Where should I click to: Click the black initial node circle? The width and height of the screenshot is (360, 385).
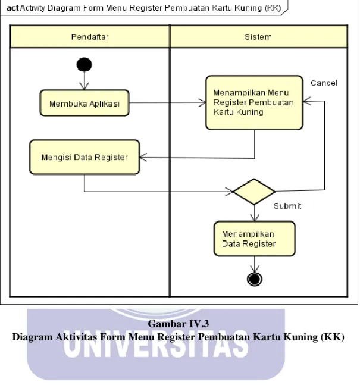pos(84,65)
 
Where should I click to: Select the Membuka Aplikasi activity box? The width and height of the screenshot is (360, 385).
pos(84,103)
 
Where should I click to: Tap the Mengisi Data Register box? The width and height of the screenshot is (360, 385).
pos(84,157)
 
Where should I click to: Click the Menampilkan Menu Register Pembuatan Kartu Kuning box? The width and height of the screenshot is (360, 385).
pos(254,102)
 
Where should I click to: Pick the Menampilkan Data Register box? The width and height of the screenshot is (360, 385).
pos(255,239)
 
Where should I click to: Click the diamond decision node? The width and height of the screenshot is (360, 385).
pos(254,192)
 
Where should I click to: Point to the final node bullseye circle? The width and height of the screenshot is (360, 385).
pos(255,279)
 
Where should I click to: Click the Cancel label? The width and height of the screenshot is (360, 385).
pos(324,83)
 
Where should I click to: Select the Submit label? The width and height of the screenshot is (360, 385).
pos(287,206)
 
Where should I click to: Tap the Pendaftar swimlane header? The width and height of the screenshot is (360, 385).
pos(90,37)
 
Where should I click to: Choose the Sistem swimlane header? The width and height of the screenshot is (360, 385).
pos(259,37)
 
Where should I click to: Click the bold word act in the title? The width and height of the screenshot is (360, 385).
pos(12,8)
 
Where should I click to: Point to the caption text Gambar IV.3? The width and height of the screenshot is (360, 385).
pos(179,324)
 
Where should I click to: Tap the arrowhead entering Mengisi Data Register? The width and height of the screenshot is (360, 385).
pos(143,157)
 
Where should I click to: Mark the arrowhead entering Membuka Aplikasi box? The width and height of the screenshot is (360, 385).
pos(84,86)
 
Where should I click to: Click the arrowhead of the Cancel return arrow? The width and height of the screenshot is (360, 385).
pos(307,101)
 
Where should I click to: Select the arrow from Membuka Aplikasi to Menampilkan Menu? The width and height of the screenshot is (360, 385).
pos(167,102)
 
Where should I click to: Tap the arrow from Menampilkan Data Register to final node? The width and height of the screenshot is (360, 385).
pos(255,264)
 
